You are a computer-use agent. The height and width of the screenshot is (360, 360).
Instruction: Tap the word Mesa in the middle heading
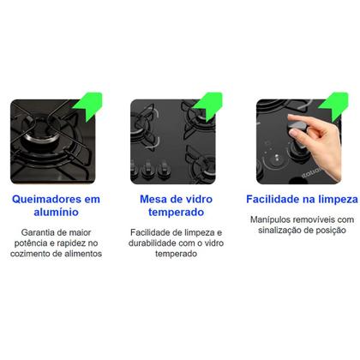tap(153, 199)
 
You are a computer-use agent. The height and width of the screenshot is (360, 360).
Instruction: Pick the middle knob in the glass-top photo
tap(147, 168)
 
